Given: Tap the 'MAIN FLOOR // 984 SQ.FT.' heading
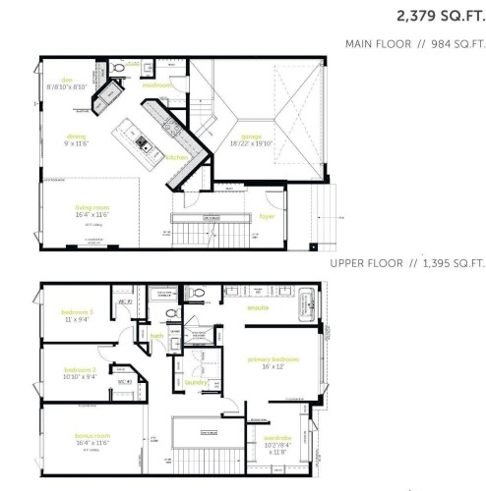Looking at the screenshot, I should [x=413, y=44].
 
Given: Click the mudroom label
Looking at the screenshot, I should [x=157, y=85].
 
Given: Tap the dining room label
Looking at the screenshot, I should [x=77, y=136].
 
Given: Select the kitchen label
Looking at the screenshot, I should [x=177, y=157].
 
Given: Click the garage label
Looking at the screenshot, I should [x=252, y=136].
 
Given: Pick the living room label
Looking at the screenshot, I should [x=91, y=208].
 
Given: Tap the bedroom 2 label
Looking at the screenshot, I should [x=79, y=369].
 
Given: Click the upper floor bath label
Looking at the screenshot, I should [x=156, y=335].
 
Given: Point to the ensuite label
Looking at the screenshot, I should [x=258, y=307].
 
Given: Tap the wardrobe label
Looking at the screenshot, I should [x=276, y=438].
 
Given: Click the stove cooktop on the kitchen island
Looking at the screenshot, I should [x=144, y=142].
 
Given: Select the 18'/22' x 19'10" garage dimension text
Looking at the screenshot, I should [x=252, y=143].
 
